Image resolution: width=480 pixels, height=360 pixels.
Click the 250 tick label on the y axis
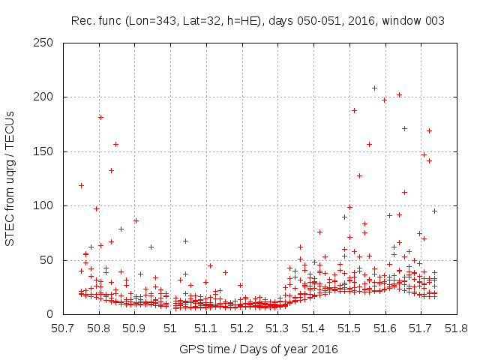click(x=46, y=43)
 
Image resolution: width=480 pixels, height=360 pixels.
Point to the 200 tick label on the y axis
click(x=46, y=97)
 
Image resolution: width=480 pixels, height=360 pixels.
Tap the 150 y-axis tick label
click(x=46, y=151)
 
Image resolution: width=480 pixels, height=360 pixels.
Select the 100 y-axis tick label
click(x=46, y=205)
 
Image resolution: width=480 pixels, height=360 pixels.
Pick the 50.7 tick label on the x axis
click(x=63, y=328)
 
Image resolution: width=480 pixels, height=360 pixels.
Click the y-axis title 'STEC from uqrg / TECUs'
click(x=11, y=178)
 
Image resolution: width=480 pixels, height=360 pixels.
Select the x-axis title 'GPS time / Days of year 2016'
click(x=259, y=349)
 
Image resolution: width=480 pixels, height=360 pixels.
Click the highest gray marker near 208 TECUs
click(x=374, y=88)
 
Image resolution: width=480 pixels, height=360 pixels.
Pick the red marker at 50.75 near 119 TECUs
click(x=81, y=185)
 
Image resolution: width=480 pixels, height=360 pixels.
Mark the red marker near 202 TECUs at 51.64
click(x=400, y=94)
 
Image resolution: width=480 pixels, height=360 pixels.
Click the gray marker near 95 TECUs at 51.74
click(x=434, y=211)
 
